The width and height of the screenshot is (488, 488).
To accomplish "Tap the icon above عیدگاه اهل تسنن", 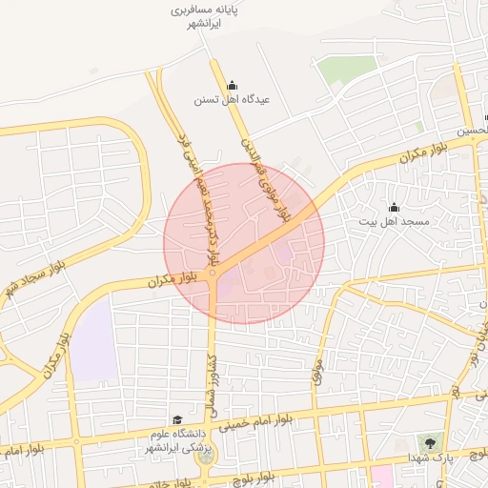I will pos(233,85).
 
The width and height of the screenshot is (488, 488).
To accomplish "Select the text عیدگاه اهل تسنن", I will pos(233,99).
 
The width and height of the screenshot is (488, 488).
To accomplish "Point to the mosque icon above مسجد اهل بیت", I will pos(394,208).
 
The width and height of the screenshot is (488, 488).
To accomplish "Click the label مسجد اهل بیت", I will pos(394,221).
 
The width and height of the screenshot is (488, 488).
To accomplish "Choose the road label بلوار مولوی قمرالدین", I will pos(268,180).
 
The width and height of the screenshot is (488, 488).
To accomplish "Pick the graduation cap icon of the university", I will pos(177,419).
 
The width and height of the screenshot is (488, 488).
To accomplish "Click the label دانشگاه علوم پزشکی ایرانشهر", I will pos(178,440).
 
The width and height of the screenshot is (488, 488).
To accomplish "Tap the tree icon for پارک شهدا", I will pos(430,443).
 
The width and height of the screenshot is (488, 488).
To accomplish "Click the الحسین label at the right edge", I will pos(477,132).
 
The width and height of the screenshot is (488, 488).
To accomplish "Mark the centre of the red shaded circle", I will pos(244,243).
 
